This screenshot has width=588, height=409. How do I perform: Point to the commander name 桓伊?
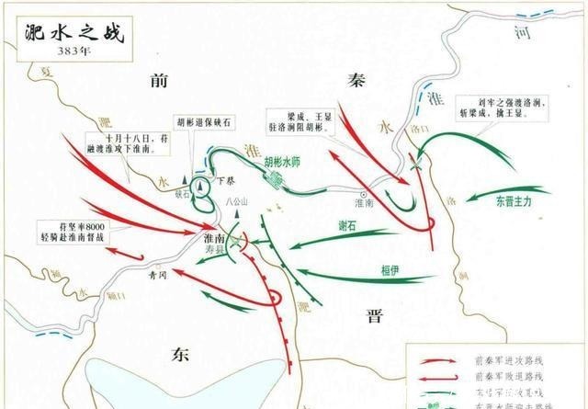tap(390, 269)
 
